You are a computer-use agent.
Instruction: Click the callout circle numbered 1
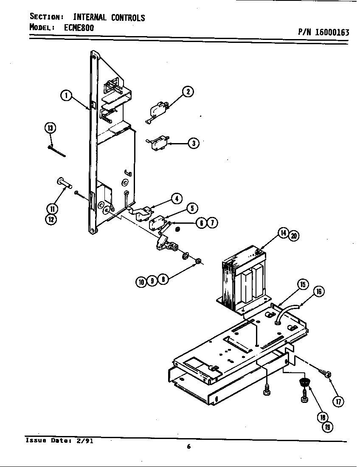click(65, 96)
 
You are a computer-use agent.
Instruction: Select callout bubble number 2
click(188, 92)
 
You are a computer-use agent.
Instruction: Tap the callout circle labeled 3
click(193, 143)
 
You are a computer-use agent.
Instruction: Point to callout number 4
click(177, 198)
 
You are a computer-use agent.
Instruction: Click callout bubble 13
click(50, 128)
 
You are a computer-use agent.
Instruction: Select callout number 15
click(303, 285)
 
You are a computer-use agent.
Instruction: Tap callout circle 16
click(319, 291)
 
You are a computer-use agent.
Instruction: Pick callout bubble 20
click(293, 236)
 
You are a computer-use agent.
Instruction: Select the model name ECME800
click(80, 27)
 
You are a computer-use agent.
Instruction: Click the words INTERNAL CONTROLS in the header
click(109, 17)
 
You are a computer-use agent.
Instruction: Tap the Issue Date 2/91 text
click(59, 440)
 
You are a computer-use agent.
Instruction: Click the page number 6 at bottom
click(188, 446)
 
